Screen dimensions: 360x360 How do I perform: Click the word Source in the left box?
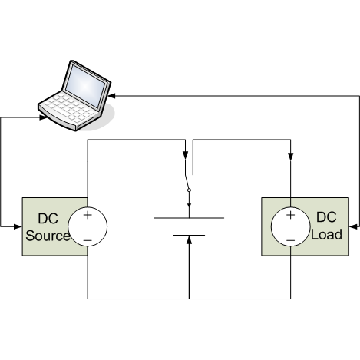(48, 236)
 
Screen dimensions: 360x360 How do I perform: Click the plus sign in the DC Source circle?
(88, 216)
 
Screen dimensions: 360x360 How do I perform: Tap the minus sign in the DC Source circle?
(88, 240)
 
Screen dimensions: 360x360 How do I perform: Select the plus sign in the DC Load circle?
(290, 216)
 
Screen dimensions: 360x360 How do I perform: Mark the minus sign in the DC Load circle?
(290, 240)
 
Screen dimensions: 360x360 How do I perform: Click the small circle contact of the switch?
(189, 190)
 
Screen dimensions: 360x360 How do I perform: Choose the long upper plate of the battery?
(189, 218)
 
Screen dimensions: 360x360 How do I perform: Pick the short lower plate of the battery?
(189, 235)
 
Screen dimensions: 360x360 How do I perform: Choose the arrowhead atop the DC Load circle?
(290, 156)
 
